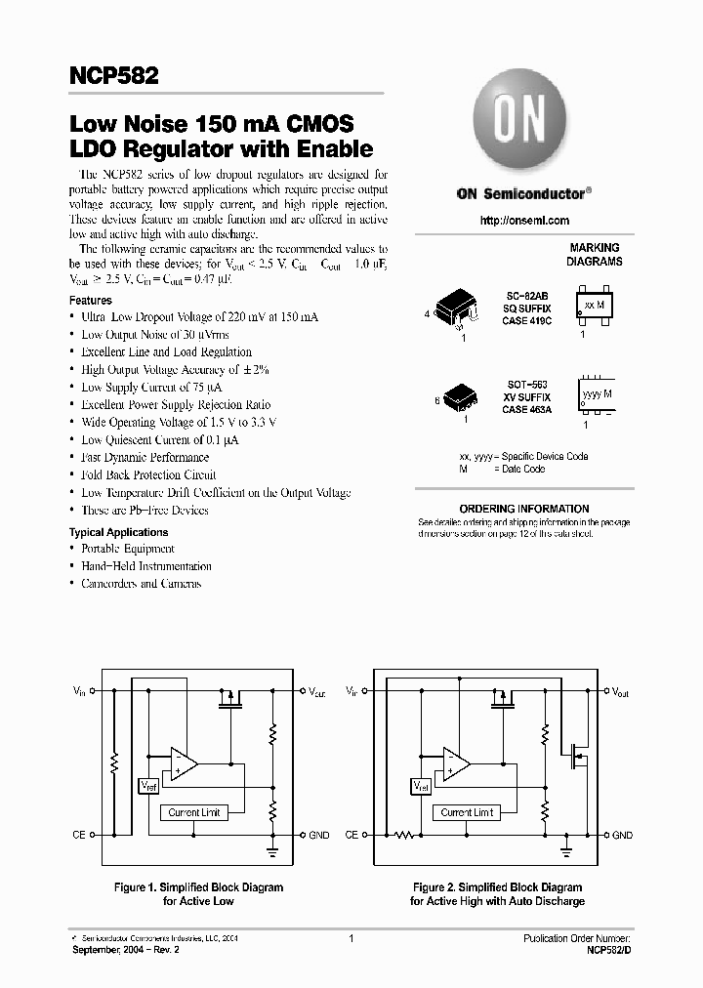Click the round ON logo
coord(521,126)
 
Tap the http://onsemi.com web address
coord(525,221)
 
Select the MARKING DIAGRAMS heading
coord(595,256)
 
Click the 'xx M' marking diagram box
coord(593,306)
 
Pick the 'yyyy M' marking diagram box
coord(597,394)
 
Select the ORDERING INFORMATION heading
coord(524,509)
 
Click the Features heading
coord(90,301)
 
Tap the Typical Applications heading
coord(118,532)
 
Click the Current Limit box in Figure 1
coord(194,812)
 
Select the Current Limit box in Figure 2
coord(467,812)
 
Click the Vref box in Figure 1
coord(148,786)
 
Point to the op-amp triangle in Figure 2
coord(456,762)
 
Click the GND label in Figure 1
coord(319,836)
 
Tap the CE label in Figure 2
coord(351,836)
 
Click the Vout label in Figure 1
coord(318,692)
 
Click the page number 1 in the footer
coord(351,937)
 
